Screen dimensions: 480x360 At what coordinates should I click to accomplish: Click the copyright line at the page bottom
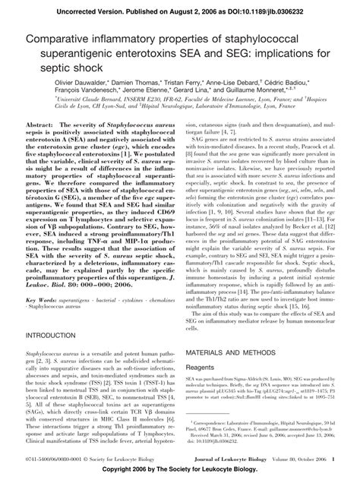click(180, 472)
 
